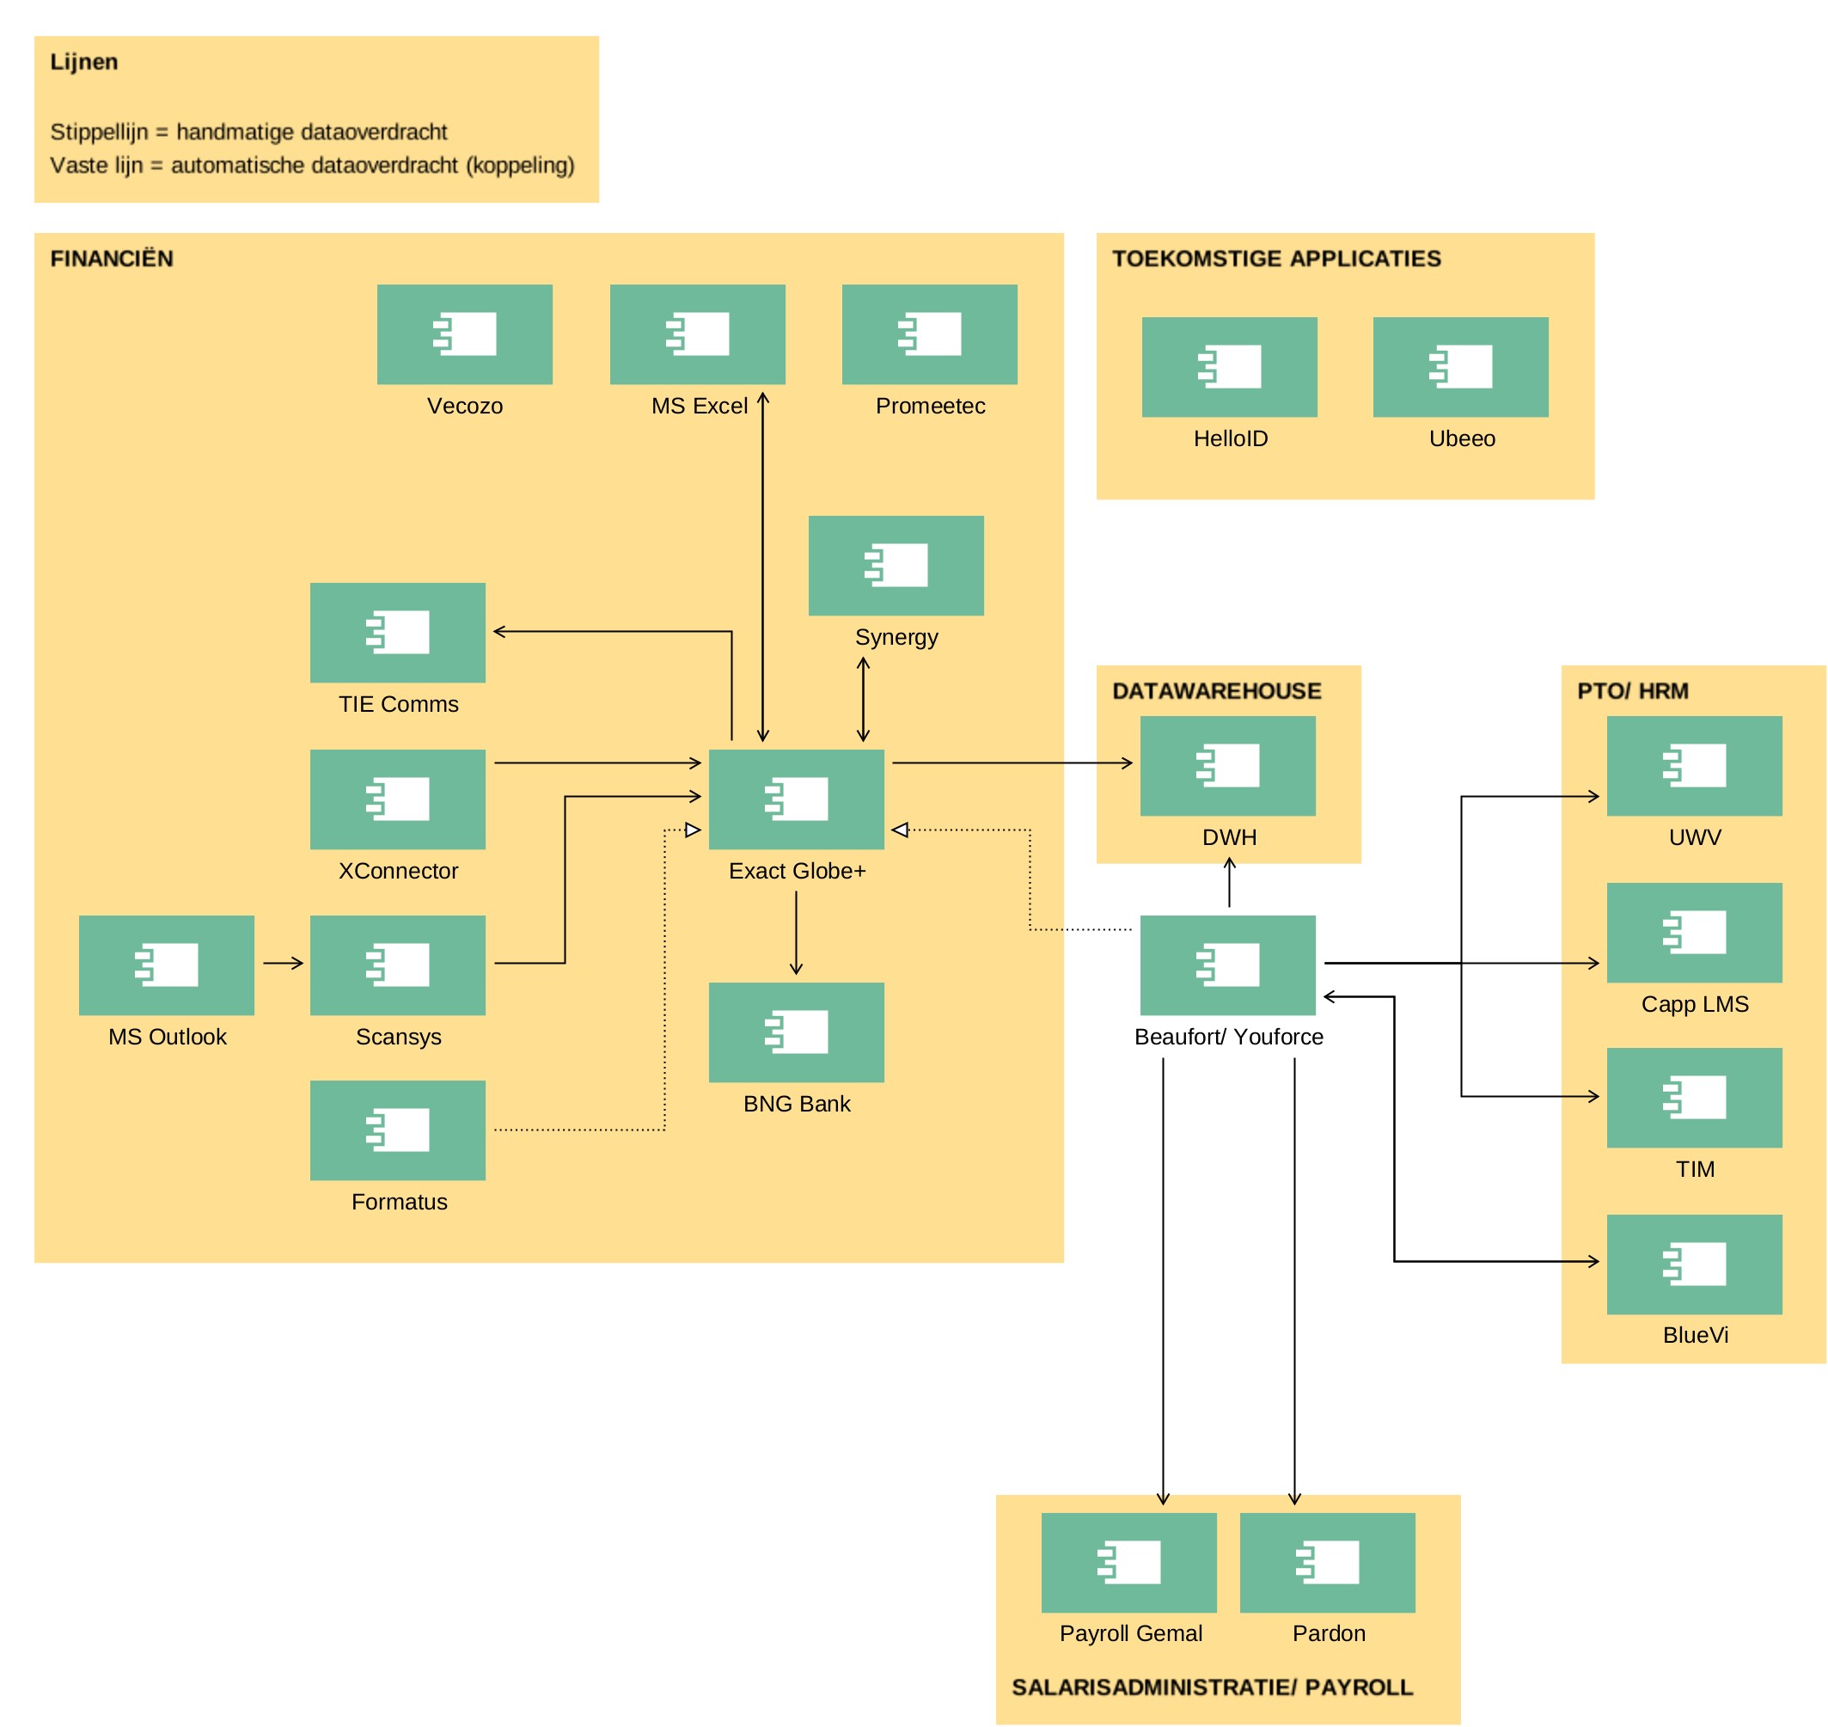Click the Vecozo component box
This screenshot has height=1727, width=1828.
(x=465, y=334)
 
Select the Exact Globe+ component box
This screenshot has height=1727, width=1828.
(x=796, y=799)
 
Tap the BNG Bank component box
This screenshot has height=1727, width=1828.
(x=796, y=1032)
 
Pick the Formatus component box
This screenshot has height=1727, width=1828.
(x=398, y=1130)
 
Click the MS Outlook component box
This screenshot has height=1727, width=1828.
(x=167, y=965)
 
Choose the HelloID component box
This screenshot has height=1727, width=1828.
(x=1230, y=367)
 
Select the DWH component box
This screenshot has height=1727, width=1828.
(x=1228, y=766)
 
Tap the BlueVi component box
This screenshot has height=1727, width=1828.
(x=1695, y=1265)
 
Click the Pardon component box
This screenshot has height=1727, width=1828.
(x=1327, y=1563)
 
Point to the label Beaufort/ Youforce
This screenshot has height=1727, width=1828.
(x=1229, y=1038)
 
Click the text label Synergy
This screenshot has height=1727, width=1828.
(x=896, y=638)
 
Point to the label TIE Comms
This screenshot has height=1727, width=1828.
(x=399, y=704)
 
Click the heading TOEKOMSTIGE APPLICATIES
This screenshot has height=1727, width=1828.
(x=1276, y=259)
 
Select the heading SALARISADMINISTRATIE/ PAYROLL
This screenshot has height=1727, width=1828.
(x=1213, y=1687)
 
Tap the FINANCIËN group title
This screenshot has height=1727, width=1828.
(x=112, y=259)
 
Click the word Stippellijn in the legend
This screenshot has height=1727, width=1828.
(x=99, y=132)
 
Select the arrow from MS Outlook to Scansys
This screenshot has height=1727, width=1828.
(x=284, y=964)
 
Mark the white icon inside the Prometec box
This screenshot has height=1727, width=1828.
(x=930, y=334)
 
